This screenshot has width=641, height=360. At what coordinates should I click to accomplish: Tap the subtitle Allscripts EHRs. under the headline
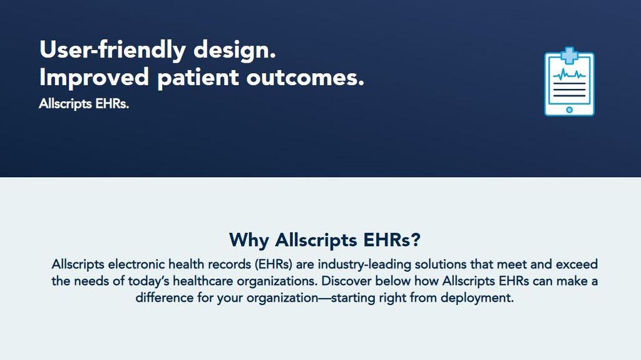[x=84, y=104]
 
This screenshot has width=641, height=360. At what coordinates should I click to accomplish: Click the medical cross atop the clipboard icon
[x=569, y=55]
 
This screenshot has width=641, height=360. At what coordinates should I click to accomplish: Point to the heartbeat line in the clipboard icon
[x=569, y=75]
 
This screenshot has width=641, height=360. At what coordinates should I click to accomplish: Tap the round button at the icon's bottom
[x=569, y=110]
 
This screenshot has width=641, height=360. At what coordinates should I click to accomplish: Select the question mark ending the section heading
[x=416, y=240]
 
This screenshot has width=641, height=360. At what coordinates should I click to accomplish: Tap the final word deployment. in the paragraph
[x=477, y=298]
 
